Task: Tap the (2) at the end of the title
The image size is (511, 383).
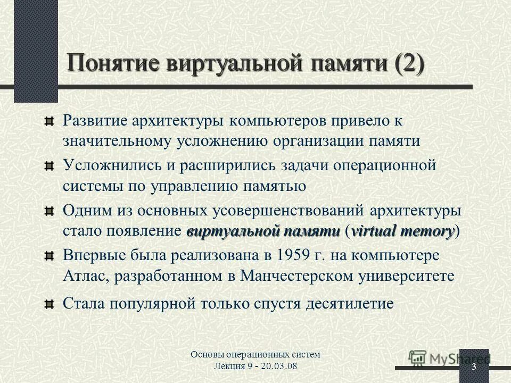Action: pos(409,64)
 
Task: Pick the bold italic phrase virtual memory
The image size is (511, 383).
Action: pos(403,231)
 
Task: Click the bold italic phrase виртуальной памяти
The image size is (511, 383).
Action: pos(263,231)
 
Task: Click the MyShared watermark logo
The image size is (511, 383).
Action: pos(450,358)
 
